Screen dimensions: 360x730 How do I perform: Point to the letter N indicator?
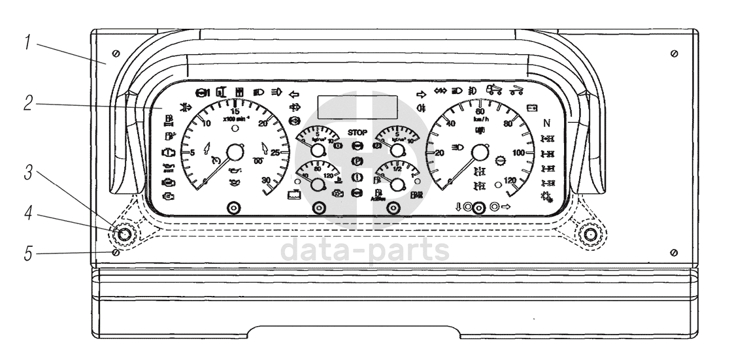(546, 123)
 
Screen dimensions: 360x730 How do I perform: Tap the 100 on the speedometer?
(520, 153)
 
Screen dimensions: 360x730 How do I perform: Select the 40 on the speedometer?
(450, 124)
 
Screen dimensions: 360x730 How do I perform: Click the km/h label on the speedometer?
(481, 120)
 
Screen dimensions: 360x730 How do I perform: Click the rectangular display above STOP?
(357, 107)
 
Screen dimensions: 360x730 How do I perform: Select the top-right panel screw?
(674, 52)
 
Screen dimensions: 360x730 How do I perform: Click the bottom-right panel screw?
(674, 252)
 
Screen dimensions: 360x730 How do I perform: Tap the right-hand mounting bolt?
(591, 233)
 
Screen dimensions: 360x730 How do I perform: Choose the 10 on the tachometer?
(207, 125)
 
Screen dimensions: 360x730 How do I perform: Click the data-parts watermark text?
(365, 250)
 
